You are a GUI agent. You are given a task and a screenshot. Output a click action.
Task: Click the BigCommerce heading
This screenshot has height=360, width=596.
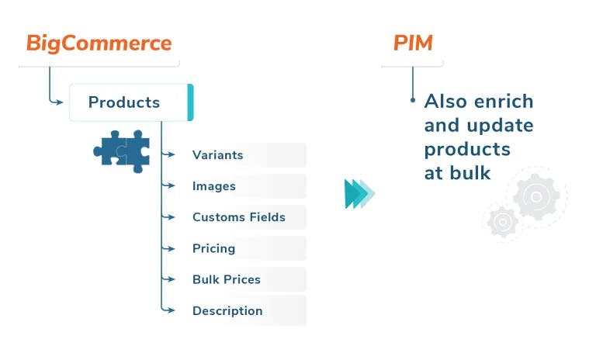pos(99,43)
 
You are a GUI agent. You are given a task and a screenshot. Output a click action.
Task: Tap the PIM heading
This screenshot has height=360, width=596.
pos(413,43)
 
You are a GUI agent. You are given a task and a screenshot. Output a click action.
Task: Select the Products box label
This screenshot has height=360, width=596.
pos(124,102)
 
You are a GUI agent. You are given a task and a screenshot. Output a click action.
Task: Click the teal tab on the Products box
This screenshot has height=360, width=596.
pos(190,102)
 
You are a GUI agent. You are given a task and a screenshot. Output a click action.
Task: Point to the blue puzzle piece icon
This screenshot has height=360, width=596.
pos(122,151)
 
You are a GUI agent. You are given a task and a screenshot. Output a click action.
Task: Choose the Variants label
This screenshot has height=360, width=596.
pos(218,155)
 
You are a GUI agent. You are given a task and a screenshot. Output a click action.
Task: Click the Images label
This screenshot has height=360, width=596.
pos(214,186)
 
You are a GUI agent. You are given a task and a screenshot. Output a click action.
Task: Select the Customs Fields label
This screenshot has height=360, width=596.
pos(239,217)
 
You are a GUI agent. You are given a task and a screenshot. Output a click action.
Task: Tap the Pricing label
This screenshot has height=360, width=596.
pos(213,248)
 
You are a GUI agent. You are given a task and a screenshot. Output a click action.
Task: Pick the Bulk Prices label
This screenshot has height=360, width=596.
pos(227,279)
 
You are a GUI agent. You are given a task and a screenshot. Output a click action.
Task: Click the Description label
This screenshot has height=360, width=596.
pos(227,311)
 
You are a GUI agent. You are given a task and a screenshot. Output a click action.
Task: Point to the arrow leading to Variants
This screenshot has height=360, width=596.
pos(168,154)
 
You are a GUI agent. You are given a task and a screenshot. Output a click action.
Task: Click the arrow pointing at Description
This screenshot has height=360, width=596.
pos(168,310)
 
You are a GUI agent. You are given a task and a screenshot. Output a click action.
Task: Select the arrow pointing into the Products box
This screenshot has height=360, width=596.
pos(56,102)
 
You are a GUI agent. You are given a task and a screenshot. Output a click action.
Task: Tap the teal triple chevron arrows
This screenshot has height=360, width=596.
pos(359,194)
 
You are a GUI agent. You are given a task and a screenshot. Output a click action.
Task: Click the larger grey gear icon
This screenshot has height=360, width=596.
pos(536,196)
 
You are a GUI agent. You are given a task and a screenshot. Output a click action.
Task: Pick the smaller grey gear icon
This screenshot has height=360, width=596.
pos(503,222)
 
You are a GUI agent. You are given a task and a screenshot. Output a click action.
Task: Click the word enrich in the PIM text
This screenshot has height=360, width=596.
pos(504,102)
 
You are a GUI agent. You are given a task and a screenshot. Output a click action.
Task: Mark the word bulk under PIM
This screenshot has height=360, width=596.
pos(470,173)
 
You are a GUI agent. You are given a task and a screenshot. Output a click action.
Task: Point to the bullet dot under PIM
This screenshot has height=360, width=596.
pos(413,100)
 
